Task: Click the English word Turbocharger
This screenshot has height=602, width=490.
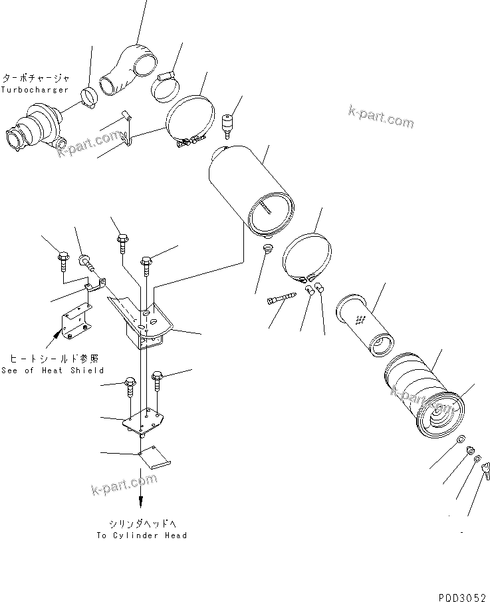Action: (35, 88)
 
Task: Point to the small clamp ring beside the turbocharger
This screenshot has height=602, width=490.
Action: (88, 98)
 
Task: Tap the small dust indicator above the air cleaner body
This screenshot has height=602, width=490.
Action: (229, 124)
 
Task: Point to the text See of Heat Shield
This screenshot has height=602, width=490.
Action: (53, 371)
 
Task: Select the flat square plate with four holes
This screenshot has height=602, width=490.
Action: (143, 422)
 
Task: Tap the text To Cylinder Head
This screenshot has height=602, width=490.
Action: (142, 535)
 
